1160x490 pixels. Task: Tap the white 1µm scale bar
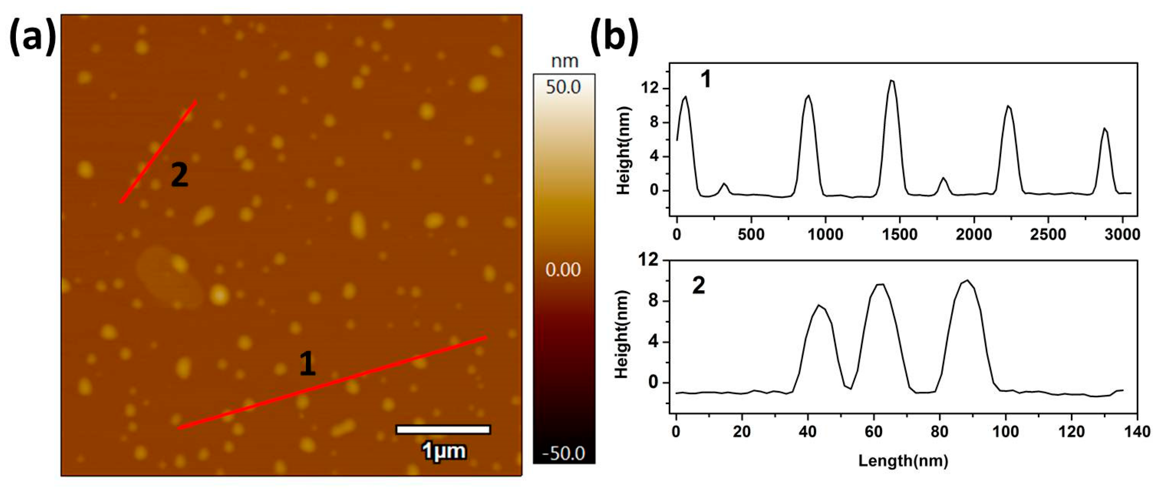443,429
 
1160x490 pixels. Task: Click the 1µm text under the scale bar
444,451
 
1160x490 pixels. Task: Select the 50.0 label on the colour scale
563,87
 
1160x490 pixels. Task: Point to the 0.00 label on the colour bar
563,269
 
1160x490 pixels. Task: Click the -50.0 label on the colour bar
563,453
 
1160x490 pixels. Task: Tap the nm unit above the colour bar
565,61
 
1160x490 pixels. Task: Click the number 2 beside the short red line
179,175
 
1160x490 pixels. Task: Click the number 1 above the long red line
308,363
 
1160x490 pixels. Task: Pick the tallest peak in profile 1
892,81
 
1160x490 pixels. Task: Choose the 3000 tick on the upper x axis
1122,234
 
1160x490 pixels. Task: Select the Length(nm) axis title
903,461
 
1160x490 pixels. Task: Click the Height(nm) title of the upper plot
624,151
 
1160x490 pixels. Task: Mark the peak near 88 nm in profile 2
967,281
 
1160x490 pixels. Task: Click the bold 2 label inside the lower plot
698,286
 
